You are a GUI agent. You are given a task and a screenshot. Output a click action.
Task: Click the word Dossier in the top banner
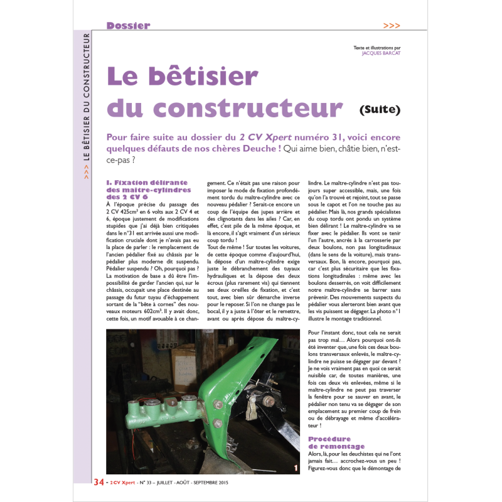point(128,26)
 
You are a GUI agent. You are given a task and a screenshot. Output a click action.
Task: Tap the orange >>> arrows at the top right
point(392,26)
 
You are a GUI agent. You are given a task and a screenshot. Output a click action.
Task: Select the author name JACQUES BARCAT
point(382,53)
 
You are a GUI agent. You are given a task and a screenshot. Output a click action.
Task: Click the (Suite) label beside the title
point(380,110)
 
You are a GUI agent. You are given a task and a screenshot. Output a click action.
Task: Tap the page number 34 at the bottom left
point(99,482)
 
